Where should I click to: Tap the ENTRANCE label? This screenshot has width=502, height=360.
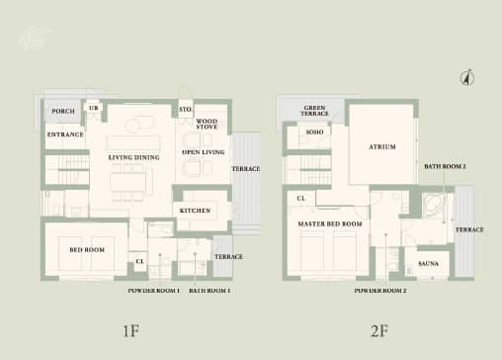point(65,134)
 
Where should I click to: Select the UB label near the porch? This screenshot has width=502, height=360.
point(95,107)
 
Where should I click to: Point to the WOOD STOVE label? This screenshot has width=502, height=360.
point(207,124)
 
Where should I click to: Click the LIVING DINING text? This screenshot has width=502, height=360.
point(134,156)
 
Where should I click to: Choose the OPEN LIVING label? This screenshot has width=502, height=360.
point(205,153)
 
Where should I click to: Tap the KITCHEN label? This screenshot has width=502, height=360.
point(195,211)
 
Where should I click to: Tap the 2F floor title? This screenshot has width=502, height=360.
point(378,329)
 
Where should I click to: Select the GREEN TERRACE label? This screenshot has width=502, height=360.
point(315,111)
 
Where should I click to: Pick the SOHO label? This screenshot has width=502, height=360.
point(315,132)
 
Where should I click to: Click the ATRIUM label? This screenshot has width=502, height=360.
point(382,146)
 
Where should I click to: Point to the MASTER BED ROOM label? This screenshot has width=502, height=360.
point(330,225)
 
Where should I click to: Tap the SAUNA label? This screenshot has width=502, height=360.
point(429,264)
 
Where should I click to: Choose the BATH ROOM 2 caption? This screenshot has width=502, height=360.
point(446,166)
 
